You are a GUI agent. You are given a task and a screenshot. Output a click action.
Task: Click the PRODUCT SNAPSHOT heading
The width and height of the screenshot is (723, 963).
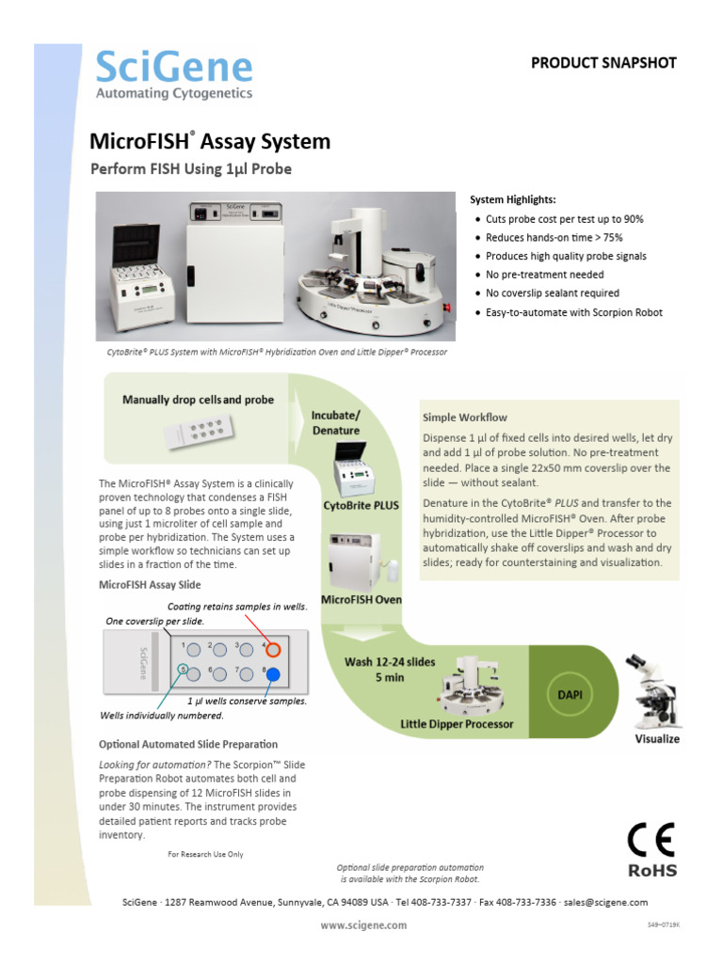[x=603, y=63]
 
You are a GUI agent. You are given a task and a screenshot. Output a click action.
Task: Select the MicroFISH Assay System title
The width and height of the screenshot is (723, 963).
[x=210, y=142]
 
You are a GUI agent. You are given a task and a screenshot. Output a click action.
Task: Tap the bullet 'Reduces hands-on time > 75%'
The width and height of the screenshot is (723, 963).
[x=554, y=237]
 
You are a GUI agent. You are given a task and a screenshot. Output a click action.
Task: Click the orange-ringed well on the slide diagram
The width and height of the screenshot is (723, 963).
[x=273, y=649]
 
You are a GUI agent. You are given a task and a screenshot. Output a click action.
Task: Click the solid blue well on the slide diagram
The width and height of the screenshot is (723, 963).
[x=273, y=673]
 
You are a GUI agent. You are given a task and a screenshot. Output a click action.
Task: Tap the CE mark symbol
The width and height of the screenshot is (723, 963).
[x=651, y=839]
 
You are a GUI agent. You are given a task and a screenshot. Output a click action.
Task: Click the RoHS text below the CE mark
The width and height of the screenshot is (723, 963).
[x=651, y=870]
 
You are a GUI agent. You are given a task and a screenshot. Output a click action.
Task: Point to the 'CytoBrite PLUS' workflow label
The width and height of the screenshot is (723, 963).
[x=361, y=505]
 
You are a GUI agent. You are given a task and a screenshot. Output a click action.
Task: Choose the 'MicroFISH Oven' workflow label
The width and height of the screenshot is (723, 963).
[x=361, y=600]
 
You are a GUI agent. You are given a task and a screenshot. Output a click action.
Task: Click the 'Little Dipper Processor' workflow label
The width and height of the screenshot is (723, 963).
[x=457, y=723]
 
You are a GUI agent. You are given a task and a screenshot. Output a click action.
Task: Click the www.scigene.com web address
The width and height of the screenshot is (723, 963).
[x=363, y=924]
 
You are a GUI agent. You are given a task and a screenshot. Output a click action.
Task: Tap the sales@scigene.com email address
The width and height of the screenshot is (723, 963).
[x=607, y=902]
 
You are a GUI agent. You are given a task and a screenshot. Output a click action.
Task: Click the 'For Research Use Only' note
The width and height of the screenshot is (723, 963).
[x=205, y=854]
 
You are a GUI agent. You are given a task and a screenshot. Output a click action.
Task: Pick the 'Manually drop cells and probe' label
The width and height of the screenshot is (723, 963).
[x=198, y=400]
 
